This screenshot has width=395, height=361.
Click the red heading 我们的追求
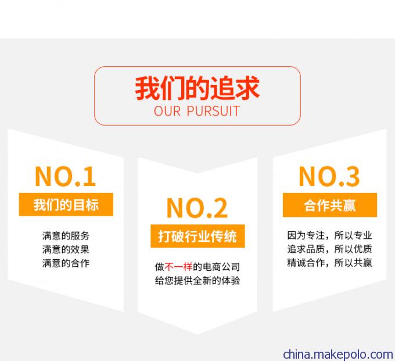(x=198, y=88)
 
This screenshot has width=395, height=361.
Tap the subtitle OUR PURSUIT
(x=197, y=111)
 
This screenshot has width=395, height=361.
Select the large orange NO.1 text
(x=66, y=177)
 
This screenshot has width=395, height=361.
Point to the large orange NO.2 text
(x=198, y=208)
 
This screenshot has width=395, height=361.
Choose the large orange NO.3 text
(x=329, y=177)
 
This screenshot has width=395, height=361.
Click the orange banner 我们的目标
(x=66, y=205)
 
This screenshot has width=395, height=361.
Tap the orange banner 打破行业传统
(x=198, y=236)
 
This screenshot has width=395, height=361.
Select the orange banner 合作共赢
(x=330, y=205)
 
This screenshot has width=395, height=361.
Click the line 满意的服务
(x=66, y=235)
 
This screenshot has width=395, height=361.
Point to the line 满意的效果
(x=66, y=249)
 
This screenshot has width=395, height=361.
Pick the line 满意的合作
(x=66, y=263)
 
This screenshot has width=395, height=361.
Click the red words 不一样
(x=178, y=266)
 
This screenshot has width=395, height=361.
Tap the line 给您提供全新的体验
(x=198, y=280)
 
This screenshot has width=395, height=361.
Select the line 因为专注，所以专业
(x=329, y=235)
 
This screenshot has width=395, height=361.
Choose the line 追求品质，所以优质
(x=329, y=249)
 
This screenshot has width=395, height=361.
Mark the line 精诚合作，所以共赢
(x=329, y=262)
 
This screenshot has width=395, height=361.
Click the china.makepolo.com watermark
(x=338, y=355)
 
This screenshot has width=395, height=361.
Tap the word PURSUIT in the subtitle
(x=213, y=111)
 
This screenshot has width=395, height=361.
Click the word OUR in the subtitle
(x=167, y=111)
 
